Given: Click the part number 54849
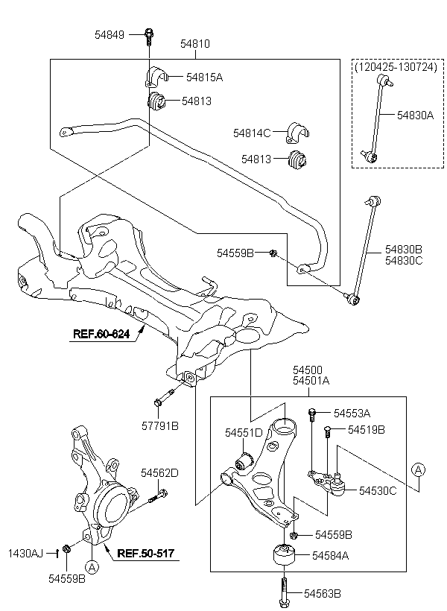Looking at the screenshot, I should [110, 34].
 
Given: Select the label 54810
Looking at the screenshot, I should [194, 44].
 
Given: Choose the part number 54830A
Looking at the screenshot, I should [414, 115].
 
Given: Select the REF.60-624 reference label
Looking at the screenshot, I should [102, 334].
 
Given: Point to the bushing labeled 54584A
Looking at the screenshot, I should [285, 554].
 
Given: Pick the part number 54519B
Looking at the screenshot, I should [367, 429].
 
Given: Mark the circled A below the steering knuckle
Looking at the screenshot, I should [92, 567].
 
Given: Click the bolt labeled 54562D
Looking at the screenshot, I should [159, 495].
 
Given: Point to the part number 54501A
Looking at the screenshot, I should [311, 380].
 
